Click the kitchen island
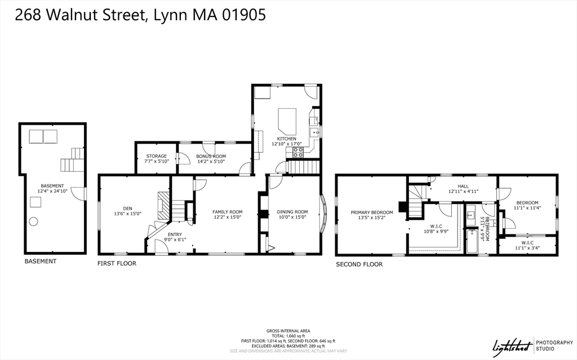[x=287, y=120]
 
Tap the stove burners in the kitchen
[x=298, y=152]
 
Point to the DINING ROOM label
[x=292, y=212]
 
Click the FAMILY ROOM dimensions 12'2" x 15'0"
[x=227, y=217]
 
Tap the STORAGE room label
[x=156, y=156]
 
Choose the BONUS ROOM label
[x=211, y=156]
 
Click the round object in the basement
[x=35, y=221]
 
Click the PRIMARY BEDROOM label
[x=371, y=212]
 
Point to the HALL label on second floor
[x=463, y=186]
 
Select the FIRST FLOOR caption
[x=117, y=263]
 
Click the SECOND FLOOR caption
[x=359, y=264]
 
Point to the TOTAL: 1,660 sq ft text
[x=288, y=336]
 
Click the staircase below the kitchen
[x=303, y=167]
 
